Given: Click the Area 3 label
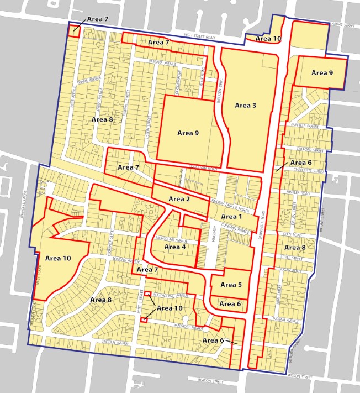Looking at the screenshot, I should tap(246, 105).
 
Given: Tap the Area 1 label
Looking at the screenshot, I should tap(229, 217).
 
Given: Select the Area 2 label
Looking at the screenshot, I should tap(179, 199).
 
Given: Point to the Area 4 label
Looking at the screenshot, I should tap(176, 247).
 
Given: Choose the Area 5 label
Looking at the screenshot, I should tap(231, 285).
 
